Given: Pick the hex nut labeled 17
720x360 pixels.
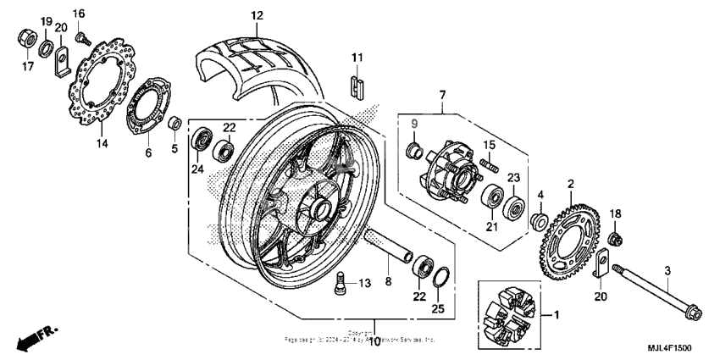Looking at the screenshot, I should [x=26, y=38].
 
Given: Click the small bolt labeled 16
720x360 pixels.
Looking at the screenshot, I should [x=81, y=37].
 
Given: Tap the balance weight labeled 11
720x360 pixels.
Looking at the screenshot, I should [x=357, y=84].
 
